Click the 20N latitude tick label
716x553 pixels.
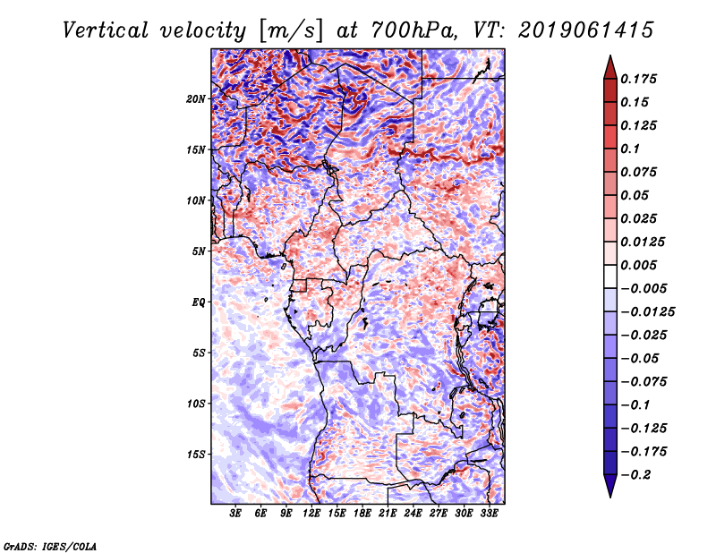click(x=196, y=99)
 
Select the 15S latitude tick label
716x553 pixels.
click(x=196, y=455)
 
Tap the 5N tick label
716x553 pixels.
click(x=199, y=251)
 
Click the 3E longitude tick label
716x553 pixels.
click(x=235, y=515)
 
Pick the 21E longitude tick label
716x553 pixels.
click(x=388, y=515)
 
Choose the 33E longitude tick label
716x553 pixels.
click(x=489, y=515)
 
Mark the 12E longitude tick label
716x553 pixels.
click(x=311, y=515)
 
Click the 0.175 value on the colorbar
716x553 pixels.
click(x=639, y=80)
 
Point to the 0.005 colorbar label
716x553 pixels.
click(x=639, y=266)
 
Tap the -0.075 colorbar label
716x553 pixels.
click(x=644, y=382)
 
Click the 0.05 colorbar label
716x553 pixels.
click(x=635, y=196)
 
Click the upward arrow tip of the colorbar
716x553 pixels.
click(x=609, y=59)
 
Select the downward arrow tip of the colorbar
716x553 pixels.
click(x=609, y=494)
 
